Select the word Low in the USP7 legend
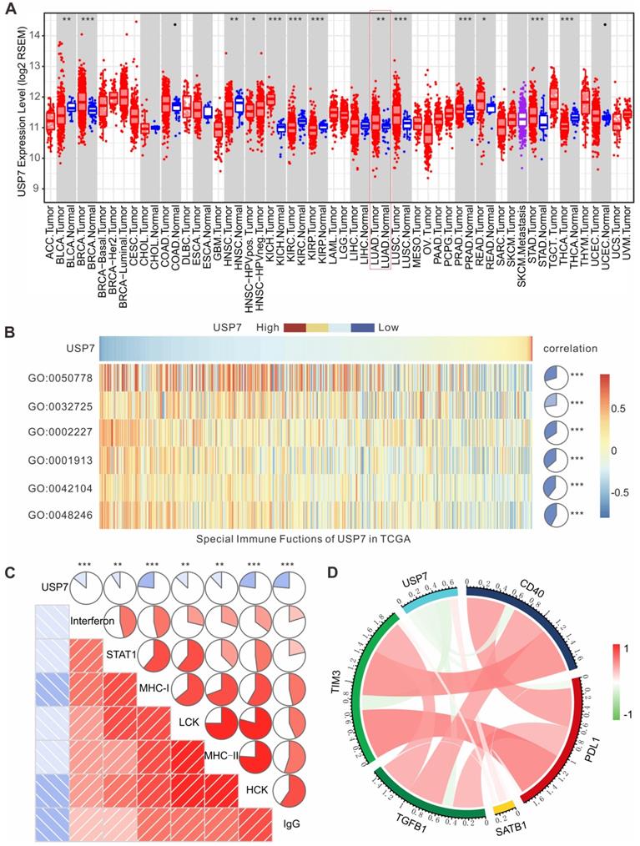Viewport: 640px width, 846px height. (389, 327)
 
